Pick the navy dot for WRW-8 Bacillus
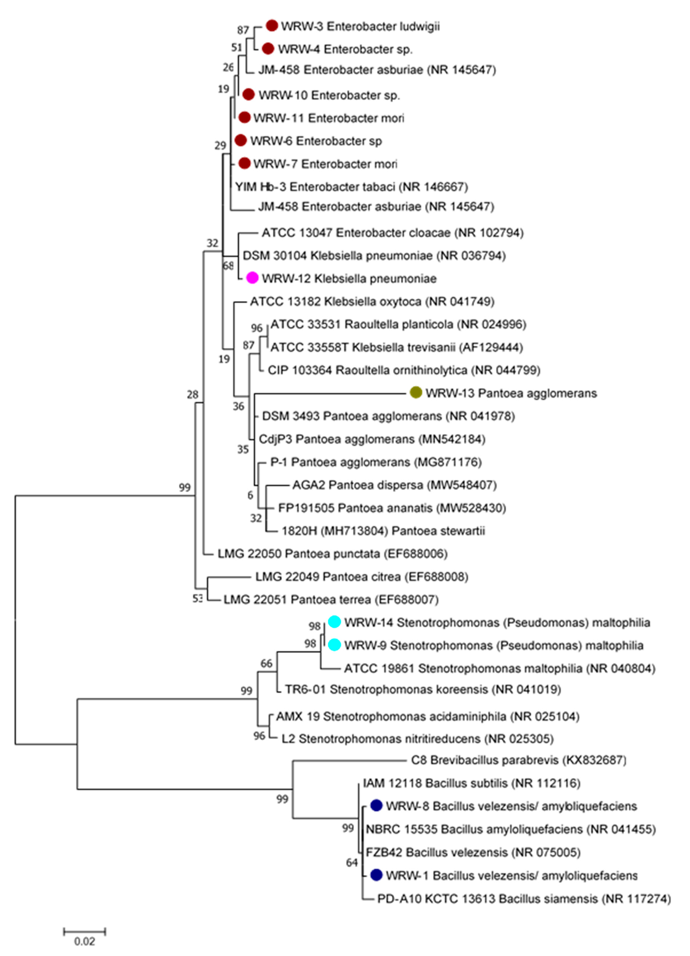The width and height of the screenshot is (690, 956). click(376, 806)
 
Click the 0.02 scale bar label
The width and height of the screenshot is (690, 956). click(85, 941)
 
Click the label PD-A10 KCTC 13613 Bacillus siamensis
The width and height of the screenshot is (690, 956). click(524, 899)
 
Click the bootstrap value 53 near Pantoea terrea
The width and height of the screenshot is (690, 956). click(197, 599)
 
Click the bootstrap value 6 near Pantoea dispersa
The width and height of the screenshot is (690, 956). click(250, 495)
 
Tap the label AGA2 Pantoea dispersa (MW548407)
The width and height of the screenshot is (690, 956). click(394, 485)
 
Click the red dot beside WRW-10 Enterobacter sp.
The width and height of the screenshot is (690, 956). click(249, 94)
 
